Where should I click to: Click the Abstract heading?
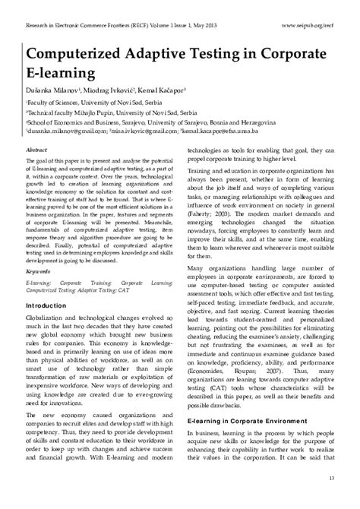[x=37, y=151]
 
